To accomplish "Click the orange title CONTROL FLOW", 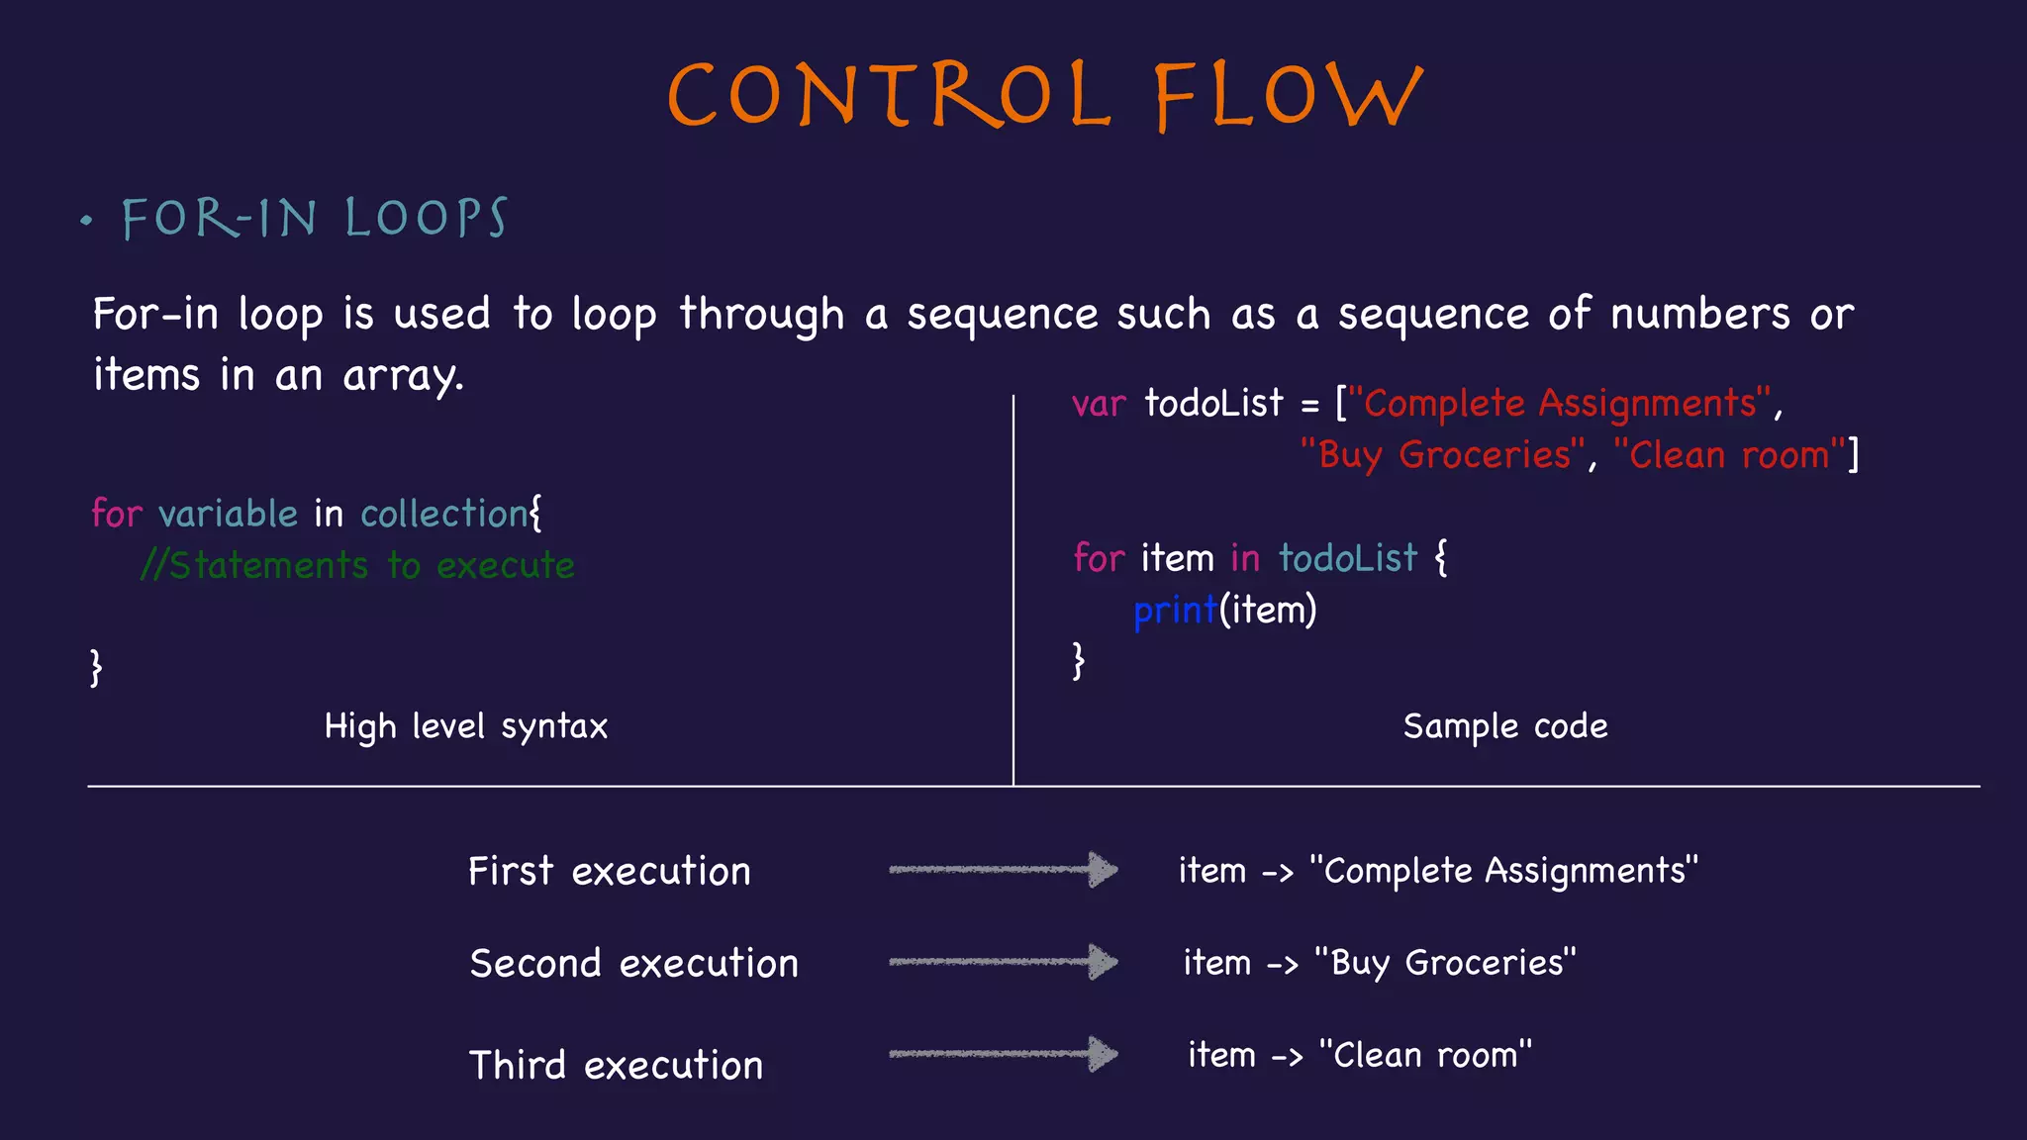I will (1045, 95).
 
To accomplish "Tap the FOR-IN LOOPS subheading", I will (315, 219).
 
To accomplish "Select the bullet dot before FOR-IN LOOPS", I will (87, 221).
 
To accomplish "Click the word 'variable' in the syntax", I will (228, 515).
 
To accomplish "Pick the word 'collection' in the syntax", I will (443, 515).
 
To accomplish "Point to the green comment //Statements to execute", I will (357, 566).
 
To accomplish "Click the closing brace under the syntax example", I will (96, 667).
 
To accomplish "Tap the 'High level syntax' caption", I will (465, 727).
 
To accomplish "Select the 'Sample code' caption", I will (1504, 727).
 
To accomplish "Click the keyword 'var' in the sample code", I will (1099, 405).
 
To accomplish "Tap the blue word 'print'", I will (1175, 612).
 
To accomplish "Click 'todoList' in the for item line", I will (1347, 559).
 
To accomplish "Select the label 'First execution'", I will (609, 872).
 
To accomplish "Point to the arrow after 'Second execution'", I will (1003, 962).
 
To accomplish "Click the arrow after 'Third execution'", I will (1003, 1054).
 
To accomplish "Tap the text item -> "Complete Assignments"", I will (1437, 872).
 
